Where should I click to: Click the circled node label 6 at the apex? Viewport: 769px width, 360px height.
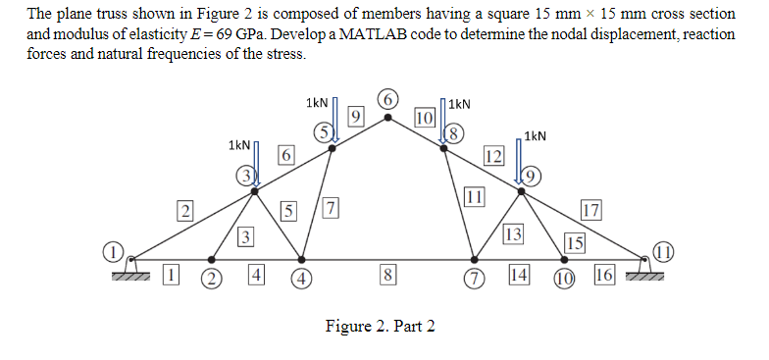click(x=389, y=100)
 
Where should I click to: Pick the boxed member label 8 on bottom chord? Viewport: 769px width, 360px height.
click(x=388, y=276)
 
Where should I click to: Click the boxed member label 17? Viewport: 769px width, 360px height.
click(x=590, y=210)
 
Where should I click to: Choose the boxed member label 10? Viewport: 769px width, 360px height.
click(x=425, y=118)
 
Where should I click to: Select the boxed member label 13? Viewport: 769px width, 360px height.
click(x=513, y=233)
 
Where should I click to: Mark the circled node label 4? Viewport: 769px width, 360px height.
click(x=304, y=276)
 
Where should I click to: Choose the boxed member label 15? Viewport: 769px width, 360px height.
click(x=576, y=243)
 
